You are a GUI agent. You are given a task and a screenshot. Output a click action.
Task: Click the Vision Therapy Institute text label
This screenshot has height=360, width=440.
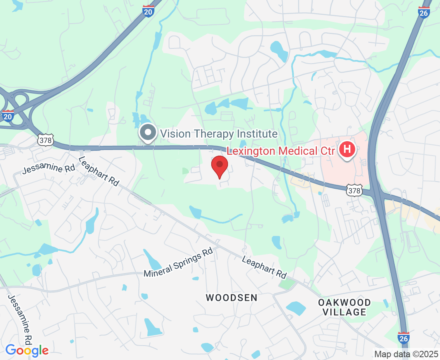(219, 134)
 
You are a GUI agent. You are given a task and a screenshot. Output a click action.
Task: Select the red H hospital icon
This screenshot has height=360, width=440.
(347, 150)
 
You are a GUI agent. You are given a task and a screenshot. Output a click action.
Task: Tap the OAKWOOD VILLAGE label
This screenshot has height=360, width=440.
(344, 307)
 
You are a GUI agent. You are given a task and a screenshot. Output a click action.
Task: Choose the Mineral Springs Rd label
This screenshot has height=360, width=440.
(178, 262)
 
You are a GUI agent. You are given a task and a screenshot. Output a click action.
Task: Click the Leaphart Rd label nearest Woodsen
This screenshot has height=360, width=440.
(264, 267)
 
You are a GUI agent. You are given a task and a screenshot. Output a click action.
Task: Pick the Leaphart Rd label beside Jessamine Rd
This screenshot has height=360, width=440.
(99, 171)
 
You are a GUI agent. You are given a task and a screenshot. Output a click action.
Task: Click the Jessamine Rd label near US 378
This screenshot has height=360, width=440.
(49, 168)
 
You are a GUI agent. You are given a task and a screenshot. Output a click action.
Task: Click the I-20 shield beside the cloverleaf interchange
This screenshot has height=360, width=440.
(8, 116)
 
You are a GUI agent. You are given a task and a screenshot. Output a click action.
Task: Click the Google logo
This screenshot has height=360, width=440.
(27, 350)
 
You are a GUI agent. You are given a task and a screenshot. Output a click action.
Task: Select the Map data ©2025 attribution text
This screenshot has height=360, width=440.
(406, 354)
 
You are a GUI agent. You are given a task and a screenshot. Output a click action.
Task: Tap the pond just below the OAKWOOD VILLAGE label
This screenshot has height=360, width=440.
(296, 308)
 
